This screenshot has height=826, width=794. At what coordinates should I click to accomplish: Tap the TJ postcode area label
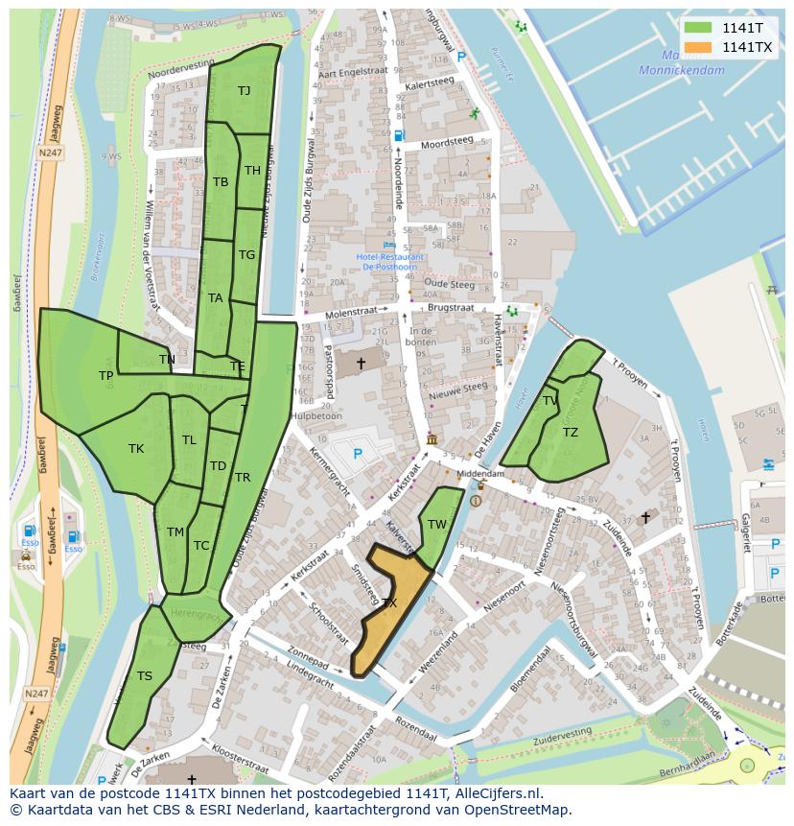244,91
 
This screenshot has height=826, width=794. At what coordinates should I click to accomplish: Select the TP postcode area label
105,376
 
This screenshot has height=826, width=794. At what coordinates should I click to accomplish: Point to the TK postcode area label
136,448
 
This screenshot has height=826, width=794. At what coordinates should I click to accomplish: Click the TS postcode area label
144,676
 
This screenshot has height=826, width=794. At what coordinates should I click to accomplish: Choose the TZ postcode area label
571,433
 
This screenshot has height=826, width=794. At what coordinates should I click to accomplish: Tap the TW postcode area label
437,524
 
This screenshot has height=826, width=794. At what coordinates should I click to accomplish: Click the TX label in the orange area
388,603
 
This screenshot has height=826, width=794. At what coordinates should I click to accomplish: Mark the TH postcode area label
252,171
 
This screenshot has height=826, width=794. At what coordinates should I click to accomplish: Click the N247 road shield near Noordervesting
50,153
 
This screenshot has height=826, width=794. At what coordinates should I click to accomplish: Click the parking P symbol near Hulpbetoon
358,453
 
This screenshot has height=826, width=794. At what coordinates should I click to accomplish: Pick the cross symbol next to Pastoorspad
361,363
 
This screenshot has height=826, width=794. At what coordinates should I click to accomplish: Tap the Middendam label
479,474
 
